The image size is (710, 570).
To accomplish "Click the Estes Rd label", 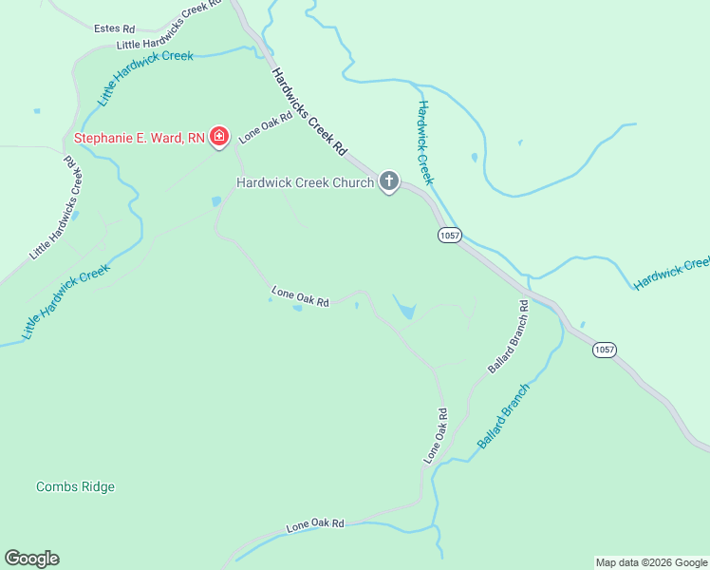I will [115, 28].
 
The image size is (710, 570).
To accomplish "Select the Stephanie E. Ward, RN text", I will [140, 138].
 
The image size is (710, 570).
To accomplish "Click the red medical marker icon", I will [219, 138].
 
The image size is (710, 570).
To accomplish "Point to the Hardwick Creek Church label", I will [305, 182].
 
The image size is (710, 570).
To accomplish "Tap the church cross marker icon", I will [388, 180].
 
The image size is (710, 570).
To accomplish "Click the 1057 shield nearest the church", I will [449, 235].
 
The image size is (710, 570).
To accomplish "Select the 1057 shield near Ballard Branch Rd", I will [605, 350].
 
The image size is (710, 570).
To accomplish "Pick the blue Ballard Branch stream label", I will [503, 416].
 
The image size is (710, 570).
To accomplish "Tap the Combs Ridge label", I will [75, 487].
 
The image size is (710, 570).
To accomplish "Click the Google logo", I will [31, 559].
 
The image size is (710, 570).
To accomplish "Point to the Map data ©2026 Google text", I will [651, 562].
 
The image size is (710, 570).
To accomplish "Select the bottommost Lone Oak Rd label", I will [315, 524].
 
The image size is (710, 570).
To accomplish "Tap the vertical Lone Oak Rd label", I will [435, 436].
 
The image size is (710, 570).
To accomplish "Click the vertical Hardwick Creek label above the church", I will [424, 142].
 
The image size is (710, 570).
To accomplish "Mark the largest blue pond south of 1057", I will [405, 310].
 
